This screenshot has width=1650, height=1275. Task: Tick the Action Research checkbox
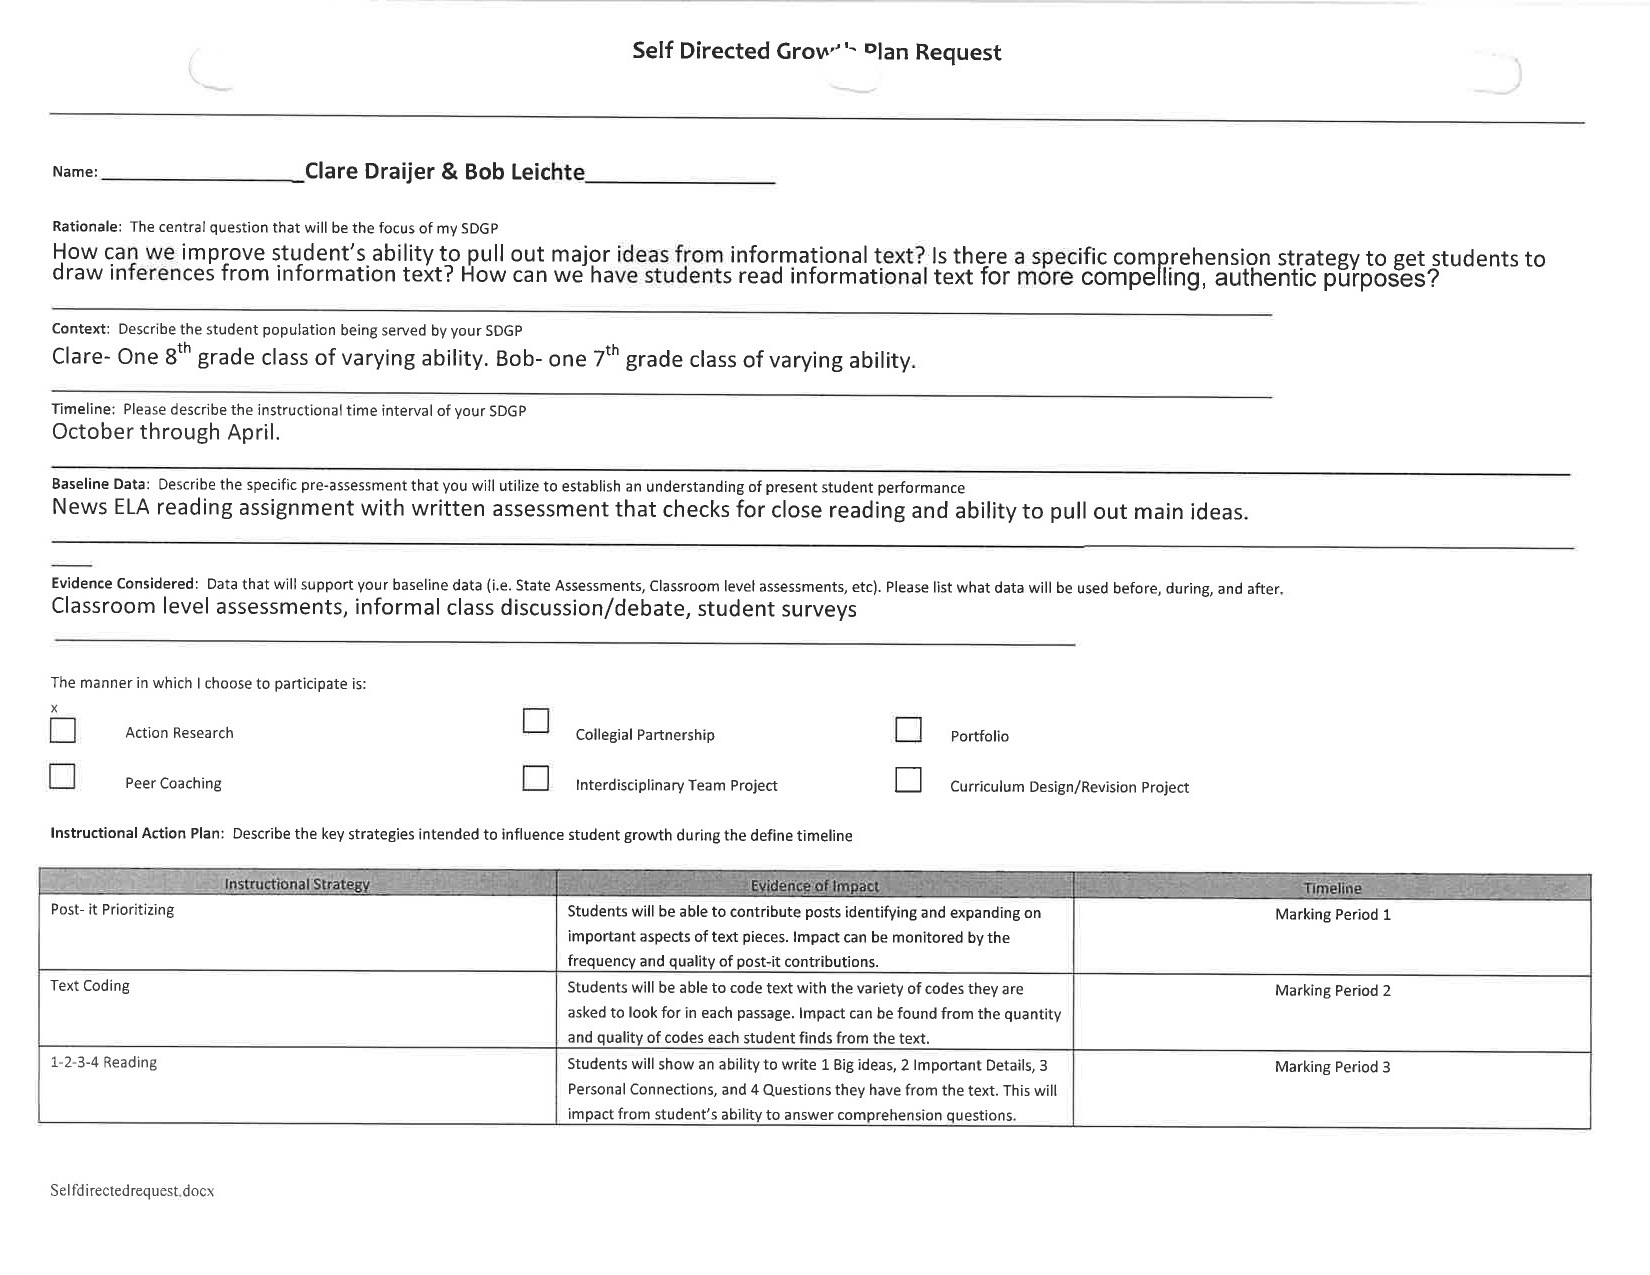click(62, 731)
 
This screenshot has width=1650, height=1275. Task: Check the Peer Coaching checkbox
click(62, 777)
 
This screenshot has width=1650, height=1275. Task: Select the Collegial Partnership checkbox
click(536, 721)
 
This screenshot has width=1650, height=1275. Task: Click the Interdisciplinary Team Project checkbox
click(536, 778)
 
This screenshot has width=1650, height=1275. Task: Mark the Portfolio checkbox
click(908, 730)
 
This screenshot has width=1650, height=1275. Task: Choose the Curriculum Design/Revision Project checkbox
click(908, 780)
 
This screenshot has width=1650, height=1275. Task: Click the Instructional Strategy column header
click(297, 885)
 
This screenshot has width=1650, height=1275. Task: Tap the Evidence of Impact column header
click(814, 886)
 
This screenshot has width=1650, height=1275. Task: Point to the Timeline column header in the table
click(1332, 888)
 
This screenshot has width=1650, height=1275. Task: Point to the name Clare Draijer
click(368, 171)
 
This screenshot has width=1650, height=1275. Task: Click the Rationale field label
click(86, 227)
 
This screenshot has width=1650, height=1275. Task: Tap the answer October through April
click(166, 432)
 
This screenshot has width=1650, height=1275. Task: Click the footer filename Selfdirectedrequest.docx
click(132, 1191)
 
